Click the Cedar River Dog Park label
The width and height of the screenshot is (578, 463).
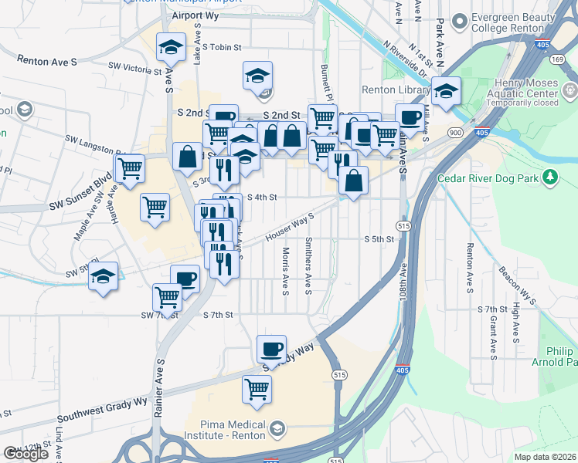486,178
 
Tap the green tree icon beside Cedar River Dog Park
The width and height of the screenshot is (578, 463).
550,178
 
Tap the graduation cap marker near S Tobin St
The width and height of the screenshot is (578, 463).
172,48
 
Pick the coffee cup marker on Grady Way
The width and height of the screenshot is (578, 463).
271,350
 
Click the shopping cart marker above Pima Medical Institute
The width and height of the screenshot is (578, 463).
257,389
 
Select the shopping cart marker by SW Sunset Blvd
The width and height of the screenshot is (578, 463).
130,167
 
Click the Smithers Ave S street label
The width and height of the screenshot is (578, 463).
308,265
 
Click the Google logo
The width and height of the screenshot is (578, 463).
25,454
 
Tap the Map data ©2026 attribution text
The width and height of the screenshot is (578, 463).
545,457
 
